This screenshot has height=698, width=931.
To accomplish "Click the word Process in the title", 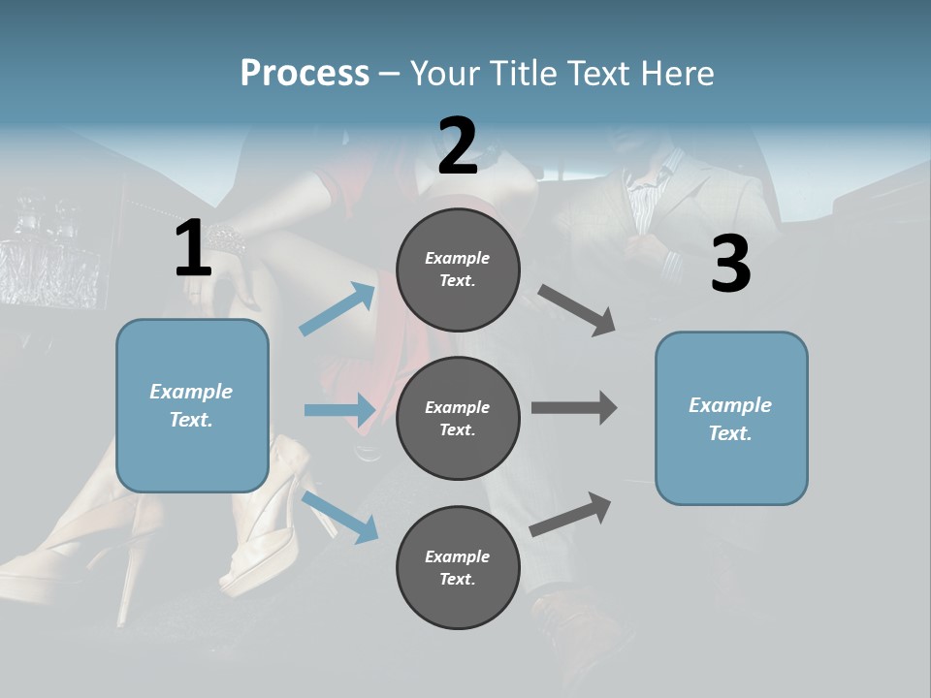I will click(x=305, y=73).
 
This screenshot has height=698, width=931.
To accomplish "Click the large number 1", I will click(x=193, y=249).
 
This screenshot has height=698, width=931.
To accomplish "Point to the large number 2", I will click(x=458, y=146).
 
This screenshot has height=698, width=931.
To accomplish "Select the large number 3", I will click(x=730, y=264).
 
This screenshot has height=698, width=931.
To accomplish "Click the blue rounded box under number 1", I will click(x=192, y=405).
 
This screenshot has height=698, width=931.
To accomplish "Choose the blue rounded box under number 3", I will click(x=731, y=418).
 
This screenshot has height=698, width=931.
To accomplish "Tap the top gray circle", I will click(x=458, y=269).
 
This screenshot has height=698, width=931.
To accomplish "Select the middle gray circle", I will click(x=458, y=418).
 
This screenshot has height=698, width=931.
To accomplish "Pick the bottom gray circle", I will click(x=458, y=567).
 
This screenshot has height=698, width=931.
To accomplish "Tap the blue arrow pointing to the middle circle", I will click(x=339, y=410).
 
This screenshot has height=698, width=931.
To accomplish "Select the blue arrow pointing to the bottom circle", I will click(x=340, y=516).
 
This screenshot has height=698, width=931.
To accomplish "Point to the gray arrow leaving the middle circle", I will click(x=574, y=407).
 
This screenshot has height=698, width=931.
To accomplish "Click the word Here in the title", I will click(x=676, y=73).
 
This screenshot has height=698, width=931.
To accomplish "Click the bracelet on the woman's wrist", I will click(x=227, y=235).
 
